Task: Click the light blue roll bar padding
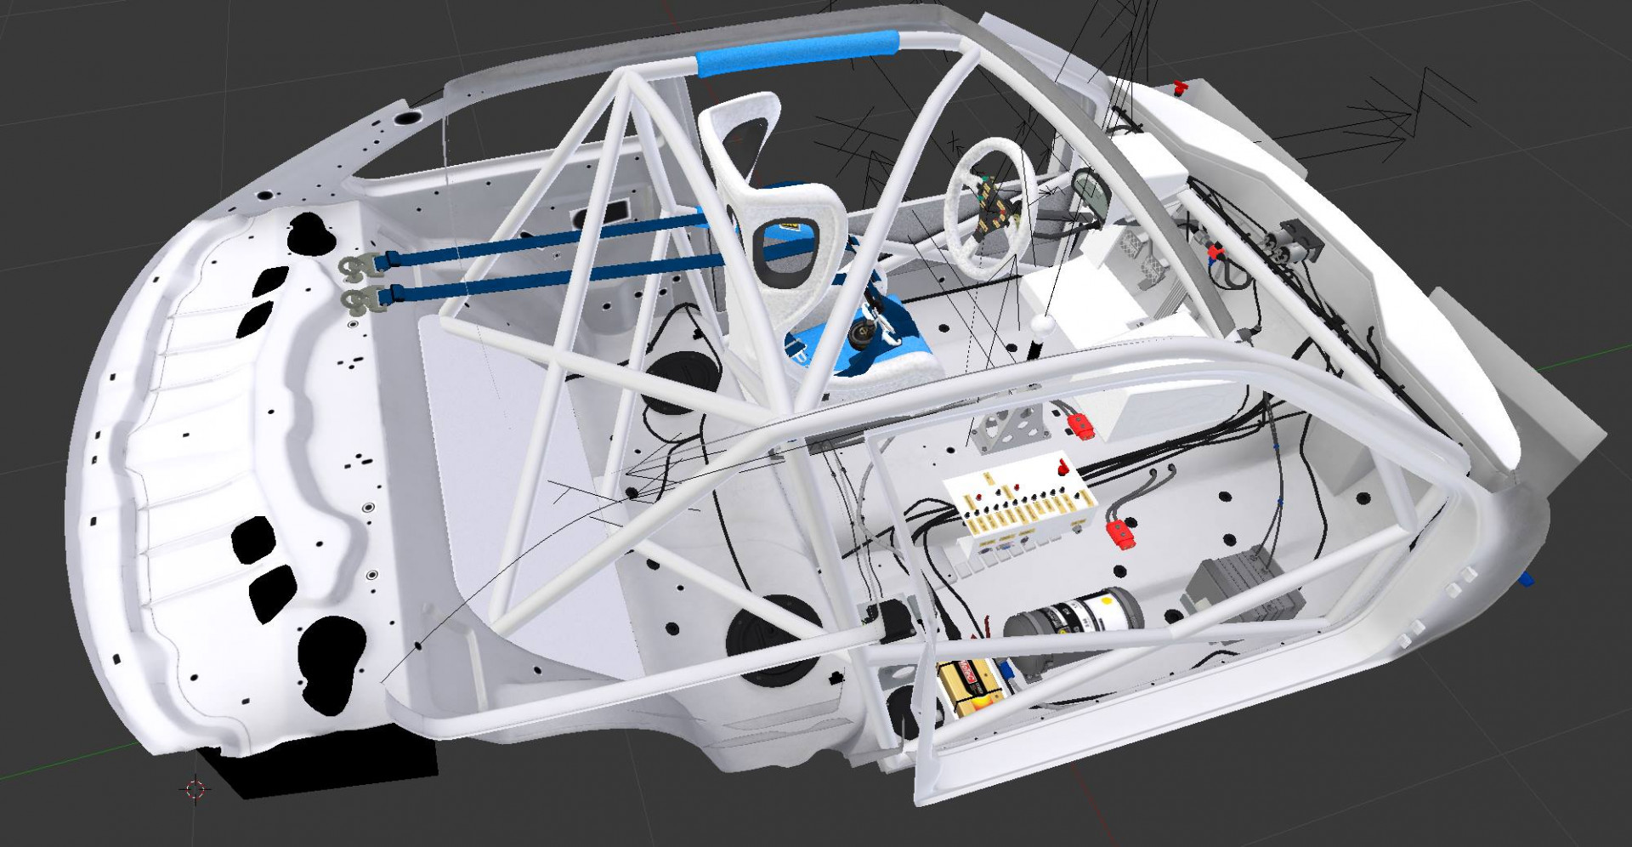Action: (x=797, y=53)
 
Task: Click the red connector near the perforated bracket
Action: (x=1080, y=424)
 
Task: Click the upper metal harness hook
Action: (x=359, y=266)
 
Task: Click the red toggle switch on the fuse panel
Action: (x=1062, y=467)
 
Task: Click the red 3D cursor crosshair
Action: (x=195, y=789)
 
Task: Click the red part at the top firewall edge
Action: (x=1179, y=87)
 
